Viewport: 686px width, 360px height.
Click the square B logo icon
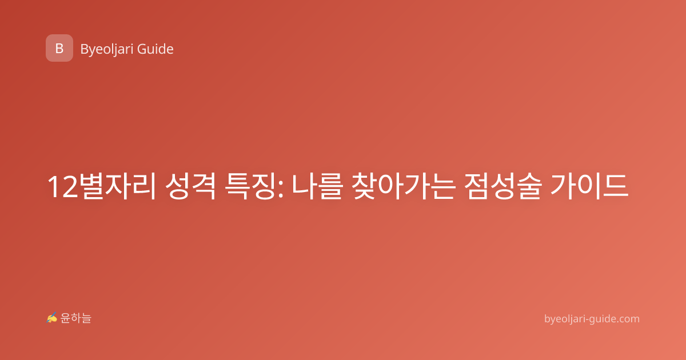(x=59, y=48)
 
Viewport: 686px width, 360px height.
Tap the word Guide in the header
(x=155, y=49)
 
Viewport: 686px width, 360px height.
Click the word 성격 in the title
(x=190, y=186)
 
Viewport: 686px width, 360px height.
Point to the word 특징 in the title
(x=250, y=186)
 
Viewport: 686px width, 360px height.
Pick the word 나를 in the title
(x=316, y=186)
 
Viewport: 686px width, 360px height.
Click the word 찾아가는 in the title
(x=403, y=186)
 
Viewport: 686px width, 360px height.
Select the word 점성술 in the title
(x=503, y=186)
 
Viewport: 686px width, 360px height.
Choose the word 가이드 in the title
(x=589, y=186)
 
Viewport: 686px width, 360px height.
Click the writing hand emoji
(x=52, y=318)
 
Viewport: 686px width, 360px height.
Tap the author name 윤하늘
(x=75, y=318)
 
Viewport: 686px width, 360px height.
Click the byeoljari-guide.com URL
(x=592, y=319)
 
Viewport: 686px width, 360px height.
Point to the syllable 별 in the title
(x=91, y=186)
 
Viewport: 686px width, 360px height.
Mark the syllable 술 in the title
(x=529, y=186)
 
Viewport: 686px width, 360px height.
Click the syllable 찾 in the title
(x=364, y=186)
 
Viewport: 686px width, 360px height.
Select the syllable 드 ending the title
(x=616, y=186)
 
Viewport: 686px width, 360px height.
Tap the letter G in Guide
(x=142, y=49)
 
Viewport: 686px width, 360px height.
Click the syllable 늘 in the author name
(x=86, y=318)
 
